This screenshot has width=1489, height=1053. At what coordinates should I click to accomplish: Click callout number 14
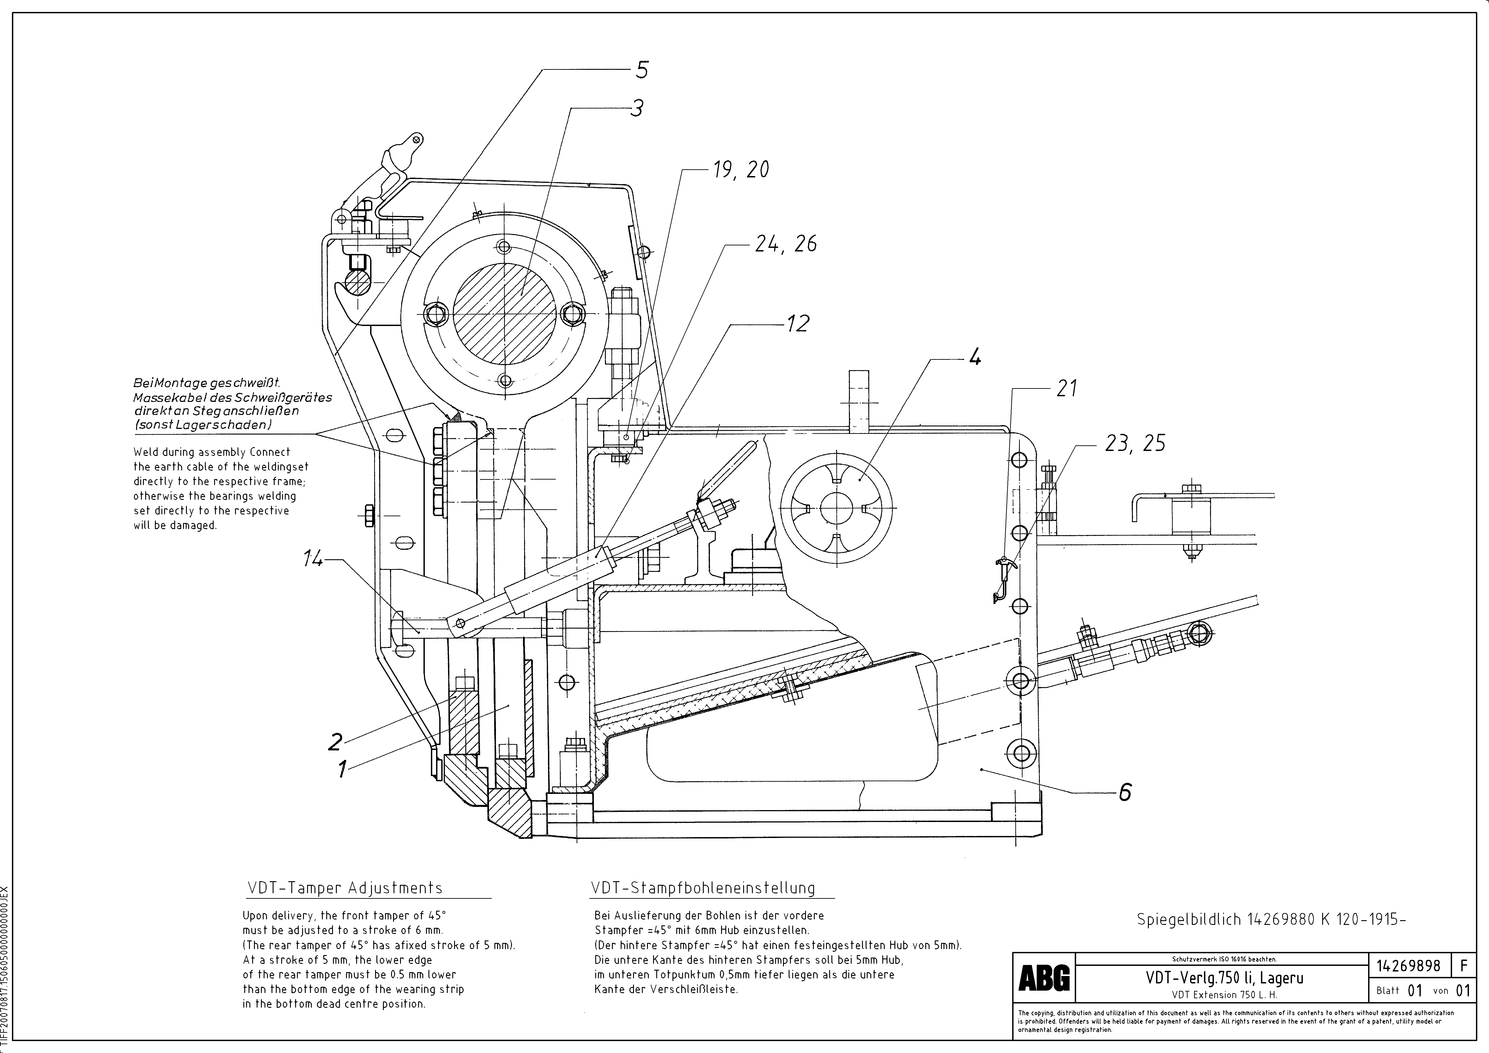(x=313, y=559)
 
